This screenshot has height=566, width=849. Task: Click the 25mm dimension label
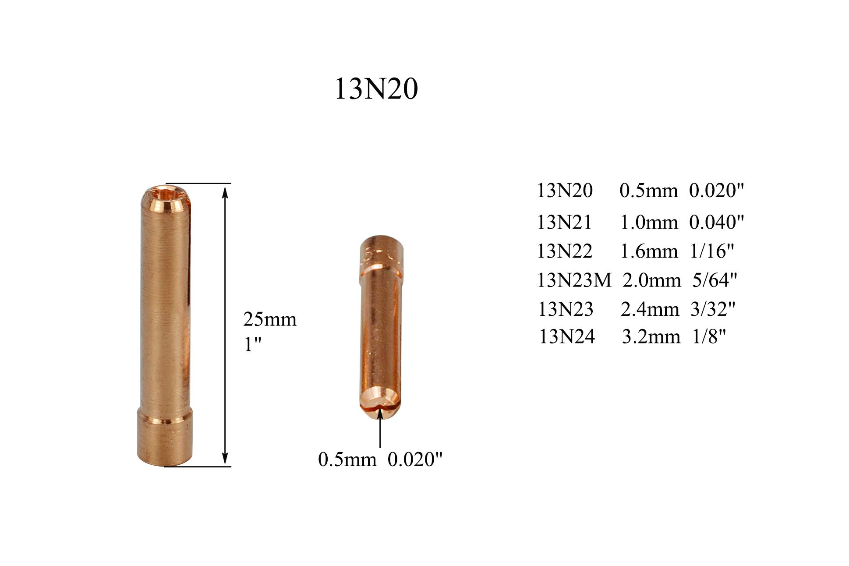click(270, 319)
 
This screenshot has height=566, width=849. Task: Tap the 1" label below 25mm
click(252, 344)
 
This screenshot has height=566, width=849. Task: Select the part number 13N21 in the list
click(564, 222)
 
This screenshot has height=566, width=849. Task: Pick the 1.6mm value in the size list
click(649, 251)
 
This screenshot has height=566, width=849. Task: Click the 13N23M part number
click(574, 280)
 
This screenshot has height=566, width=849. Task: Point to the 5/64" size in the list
click(715, 280)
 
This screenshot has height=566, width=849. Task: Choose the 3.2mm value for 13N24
click(651, 336)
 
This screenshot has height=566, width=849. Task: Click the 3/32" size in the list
click(713, 309)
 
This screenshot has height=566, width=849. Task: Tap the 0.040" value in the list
click(716, 222)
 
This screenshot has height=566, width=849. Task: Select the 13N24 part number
click(567, 336)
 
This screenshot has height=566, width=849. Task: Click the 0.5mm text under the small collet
click(347, 460)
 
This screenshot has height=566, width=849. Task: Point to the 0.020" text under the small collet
click(415, 460)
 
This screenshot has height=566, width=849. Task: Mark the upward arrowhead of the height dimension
click(225, 191)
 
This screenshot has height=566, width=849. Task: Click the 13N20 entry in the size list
click(565, 190)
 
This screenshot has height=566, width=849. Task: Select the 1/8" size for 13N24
click(709, 336)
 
